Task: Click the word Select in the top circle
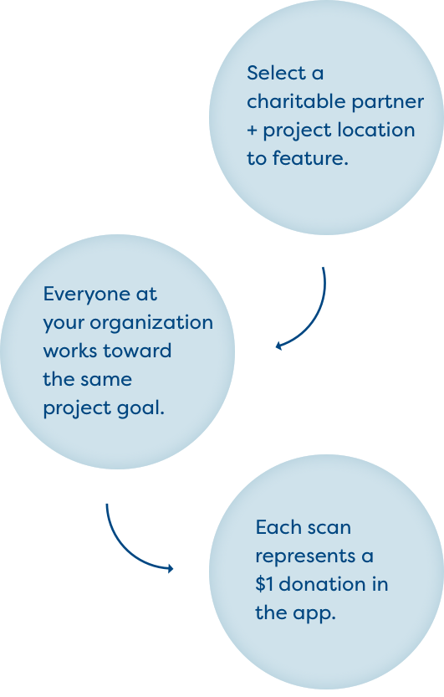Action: pos(275,74)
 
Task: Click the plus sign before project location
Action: pos(253,131)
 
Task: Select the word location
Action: pos(376,131)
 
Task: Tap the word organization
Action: pos(151,324)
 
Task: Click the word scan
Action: pos(329,529)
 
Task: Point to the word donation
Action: pos(321,585)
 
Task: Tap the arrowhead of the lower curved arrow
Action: pos(170,568)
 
